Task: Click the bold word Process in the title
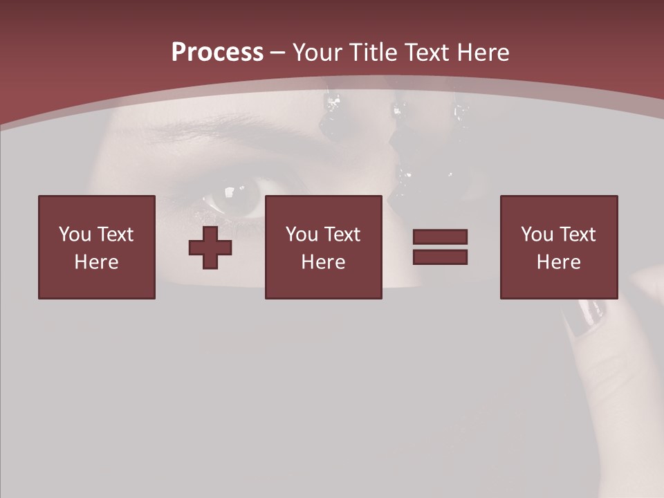(x=217, y=53)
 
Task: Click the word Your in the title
(x=319, y=53)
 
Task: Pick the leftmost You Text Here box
(x=97, y=247)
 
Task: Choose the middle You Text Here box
(x=324, y=247)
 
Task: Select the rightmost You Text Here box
(x=559, y=247)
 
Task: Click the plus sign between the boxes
(x=210, y=248)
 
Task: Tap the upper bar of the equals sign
(x=440, y=237)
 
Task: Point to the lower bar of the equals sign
(x=440, y=257)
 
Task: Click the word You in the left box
(x=74, y=234)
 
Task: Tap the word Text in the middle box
(x=343, y=234)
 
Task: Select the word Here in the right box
(x=559, y=262)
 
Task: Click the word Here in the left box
(x=97, y=262)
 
